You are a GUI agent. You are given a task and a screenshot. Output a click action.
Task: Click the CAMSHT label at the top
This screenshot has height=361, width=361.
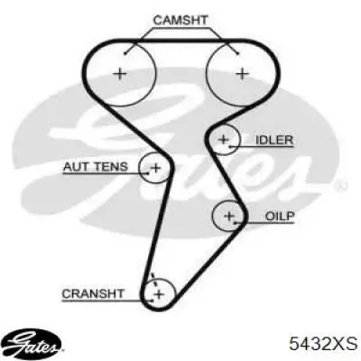[x=180, y=20]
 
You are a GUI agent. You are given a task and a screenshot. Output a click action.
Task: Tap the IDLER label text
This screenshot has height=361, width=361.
[x=274, y=140]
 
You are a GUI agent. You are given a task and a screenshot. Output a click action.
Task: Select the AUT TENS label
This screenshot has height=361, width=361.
[x=96, y=166]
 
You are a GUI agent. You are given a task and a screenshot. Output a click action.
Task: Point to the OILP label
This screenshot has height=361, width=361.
[x=280, y=216]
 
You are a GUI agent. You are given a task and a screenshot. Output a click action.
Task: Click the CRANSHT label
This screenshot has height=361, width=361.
[x=93, y=293]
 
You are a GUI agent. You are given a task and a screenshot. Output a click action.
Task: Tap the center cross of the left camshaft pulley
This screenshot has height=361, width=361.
[x=120, y=73]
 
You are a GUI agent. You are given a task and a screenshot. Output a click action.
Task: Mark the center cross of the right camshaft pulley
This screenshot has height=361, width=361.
[x=242, y=73]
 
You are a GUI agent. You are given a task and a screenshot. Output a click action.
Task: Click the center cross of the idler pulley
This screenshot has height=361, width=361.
[x=224, y=139]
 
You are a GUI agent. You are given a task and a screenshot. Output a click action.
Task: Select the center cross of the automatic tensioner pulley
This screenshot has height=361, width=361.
[x=156, y=167]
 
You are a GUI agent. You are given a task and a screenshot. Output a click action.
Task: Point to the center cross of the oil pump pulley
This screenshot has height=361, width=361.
[x=229, y=216]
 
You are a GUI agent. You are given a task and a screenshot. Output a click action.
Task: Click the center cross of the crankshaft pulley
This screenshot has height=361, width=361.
[x=159, y=293]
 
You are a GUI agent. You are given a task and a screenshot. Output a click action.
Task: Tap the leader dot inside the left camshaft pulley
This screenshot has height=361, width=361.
[x=125, y=53]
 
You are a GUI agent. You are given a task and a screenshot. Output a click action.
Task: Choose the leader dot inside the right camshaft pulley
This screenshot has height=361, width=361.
[x=238, y=53]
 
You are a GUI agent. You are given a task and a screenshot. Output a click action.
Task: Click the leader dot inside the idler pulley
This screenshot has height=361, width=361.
[x=230, y=146]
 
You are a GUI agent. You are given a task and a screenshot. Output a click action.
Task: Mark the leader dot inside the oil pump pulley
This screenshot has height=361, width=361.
[x=235, y=223]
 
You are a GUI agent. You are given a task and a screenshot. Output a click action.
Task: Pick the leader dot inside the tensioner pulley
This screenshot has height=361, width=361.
[x=148, y=173]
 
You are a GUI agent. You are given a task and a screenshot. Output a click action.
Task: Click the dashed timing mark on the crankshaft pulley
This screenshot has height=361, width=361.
[x=153, y=280]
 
